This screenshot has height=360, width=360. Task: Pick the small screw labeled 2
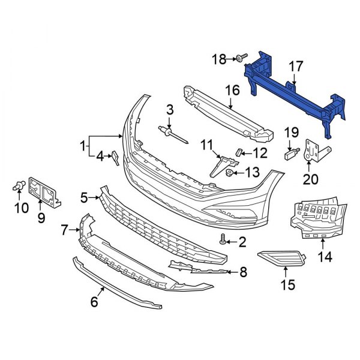tap(224, 241)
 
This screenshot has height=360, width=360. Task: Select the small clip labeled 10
tap(19, 187)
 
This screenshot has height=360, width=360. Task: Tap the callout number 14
tap(324, 257)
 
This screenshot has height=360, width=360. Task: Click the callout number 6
tap(94, 302)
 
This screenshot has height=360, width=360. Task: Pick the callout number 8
tap(243, 273)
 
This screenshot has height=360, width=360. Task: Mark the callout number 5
tap(84, 196)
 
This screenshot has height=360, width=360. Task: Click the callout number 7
tap(64, 229)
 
